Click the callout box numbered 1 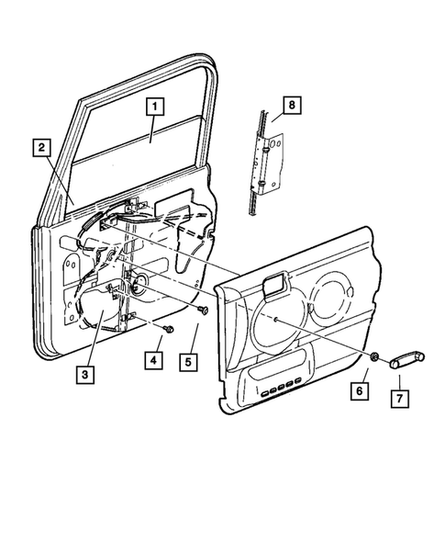click(x=154, y=106)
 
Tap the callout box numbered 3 click(x=88, y=373)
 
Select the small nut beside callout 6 click(x=376, y=358)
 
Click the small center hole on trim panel click(x=275, y=320)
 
